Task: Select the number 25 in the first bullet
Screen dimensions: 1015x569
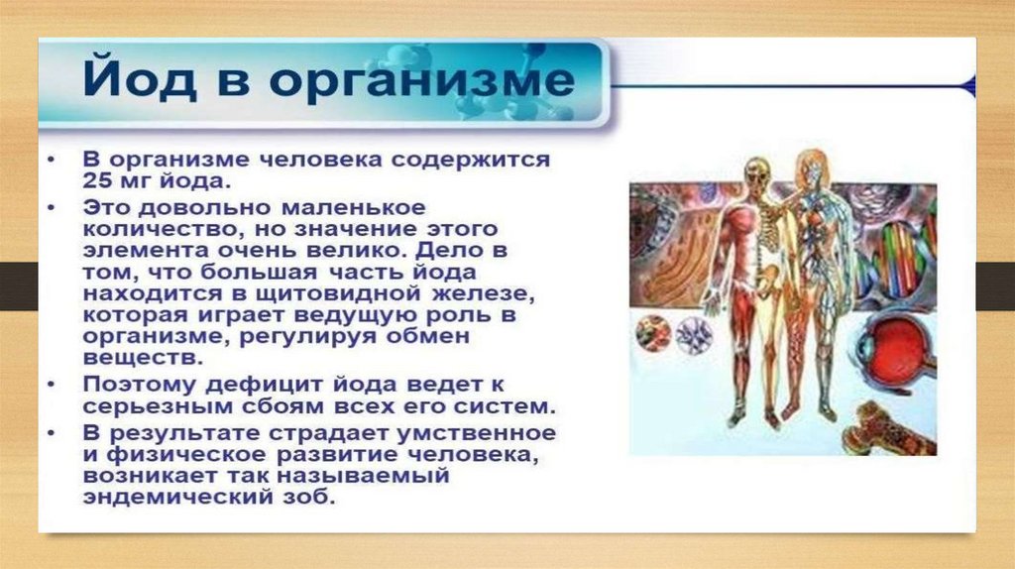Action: (97, 180)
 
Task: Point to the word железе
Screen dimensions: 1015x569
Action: (483, 293)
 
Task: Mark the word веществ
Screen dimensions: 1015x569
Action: (143, 358)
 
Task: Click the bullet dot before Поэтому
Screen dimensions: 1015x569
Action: (52, 385)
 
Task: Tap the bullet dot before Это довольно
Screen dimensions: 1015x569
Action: (52, 208)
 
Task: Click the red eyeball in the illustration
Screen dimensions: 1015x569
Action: (894, 350)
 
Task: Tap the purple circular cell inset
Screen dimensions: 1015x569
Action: (694, 336)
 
